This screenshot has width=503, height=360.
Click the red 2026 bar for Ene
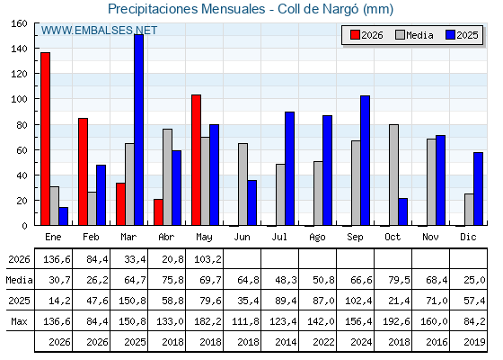[x=45, y=139]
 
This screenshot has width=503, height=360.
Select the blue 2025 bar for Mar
[x=139, y=130]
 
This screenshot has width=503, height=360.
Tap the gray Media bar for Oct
[x=393, y=175]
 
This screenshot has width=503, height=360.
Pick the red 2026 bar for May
[x=197, y=160]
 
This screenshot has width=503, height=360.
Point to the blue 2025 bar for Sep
[x=365, y=160]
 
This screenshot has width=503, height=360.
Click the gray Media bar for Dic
[x=469, y=209]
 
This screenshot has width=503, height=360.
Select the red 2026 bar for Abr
[x=158, y=212]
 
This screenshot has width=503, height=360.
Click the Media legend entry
[x=414, y=35]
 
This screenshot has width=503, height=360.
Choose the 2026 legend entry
[x=367, y=35]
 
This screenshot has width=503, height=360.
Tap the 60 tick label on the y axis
[x=22, y=150]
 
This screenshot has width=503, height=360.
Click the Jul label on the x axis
[x=279, y=238]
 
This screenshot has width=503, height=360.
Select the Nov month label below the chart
[x=430, y=238]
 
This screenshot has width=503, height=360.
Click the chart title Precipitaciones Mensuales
[x=187, y=9]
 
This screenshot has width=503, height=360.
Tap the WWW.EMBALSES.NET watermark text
[x=99, y=31]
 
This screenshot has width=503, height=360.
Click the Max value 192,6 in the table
[x=396, y=321]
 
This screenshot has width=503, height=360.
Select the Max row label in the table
[x=19, y=321]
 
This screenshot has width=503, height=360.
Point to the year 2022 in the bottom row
[x=323, y=342]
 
